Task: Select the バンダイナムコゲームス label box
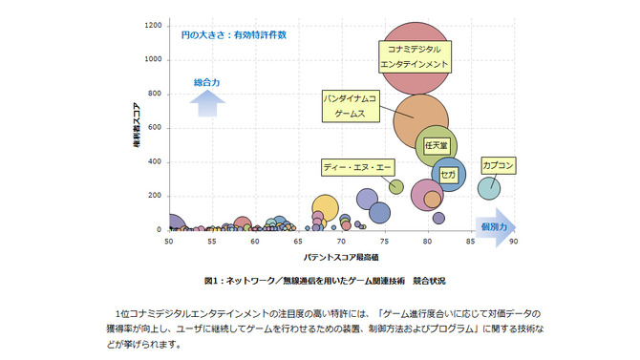point(350,106)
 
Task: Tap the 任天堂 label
point(436,146)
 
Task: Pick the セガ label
point(448,175)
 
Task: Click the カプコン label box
point(499,165)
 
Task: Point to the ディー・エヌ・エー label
point(357,167)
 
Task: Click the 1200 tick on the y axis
point(152,25)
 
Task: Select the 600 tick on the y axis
point(154,128)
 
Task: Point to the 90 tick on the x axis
point(513,241)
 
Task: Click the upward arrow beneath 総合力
point(206,102)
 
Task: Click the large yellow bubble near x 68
point(325,208)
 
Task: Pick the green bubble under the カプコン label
point(489,187)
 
